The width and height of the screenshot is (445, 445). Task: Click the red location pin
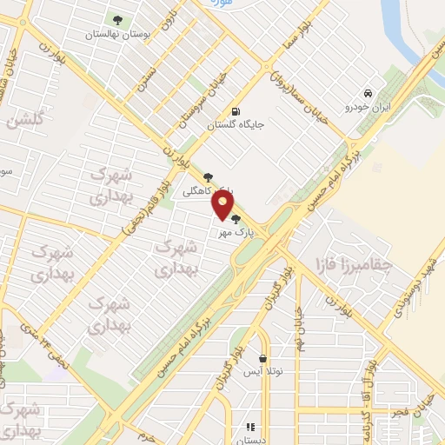tap(222, 204)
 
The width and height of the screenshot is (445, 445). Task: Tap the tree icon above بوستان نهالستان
tap(117, 19)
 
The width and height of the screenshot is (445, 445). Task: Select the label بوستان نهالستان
tap(118, 35)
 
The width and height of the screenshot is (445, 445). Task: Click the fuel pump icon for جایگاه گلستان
tap(236, 110)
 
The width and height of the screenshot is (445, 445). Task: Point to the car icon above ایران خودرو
tap(369, 92)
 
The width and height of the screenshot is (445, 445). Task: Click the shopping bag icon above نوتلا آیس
tap(262, 357)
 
